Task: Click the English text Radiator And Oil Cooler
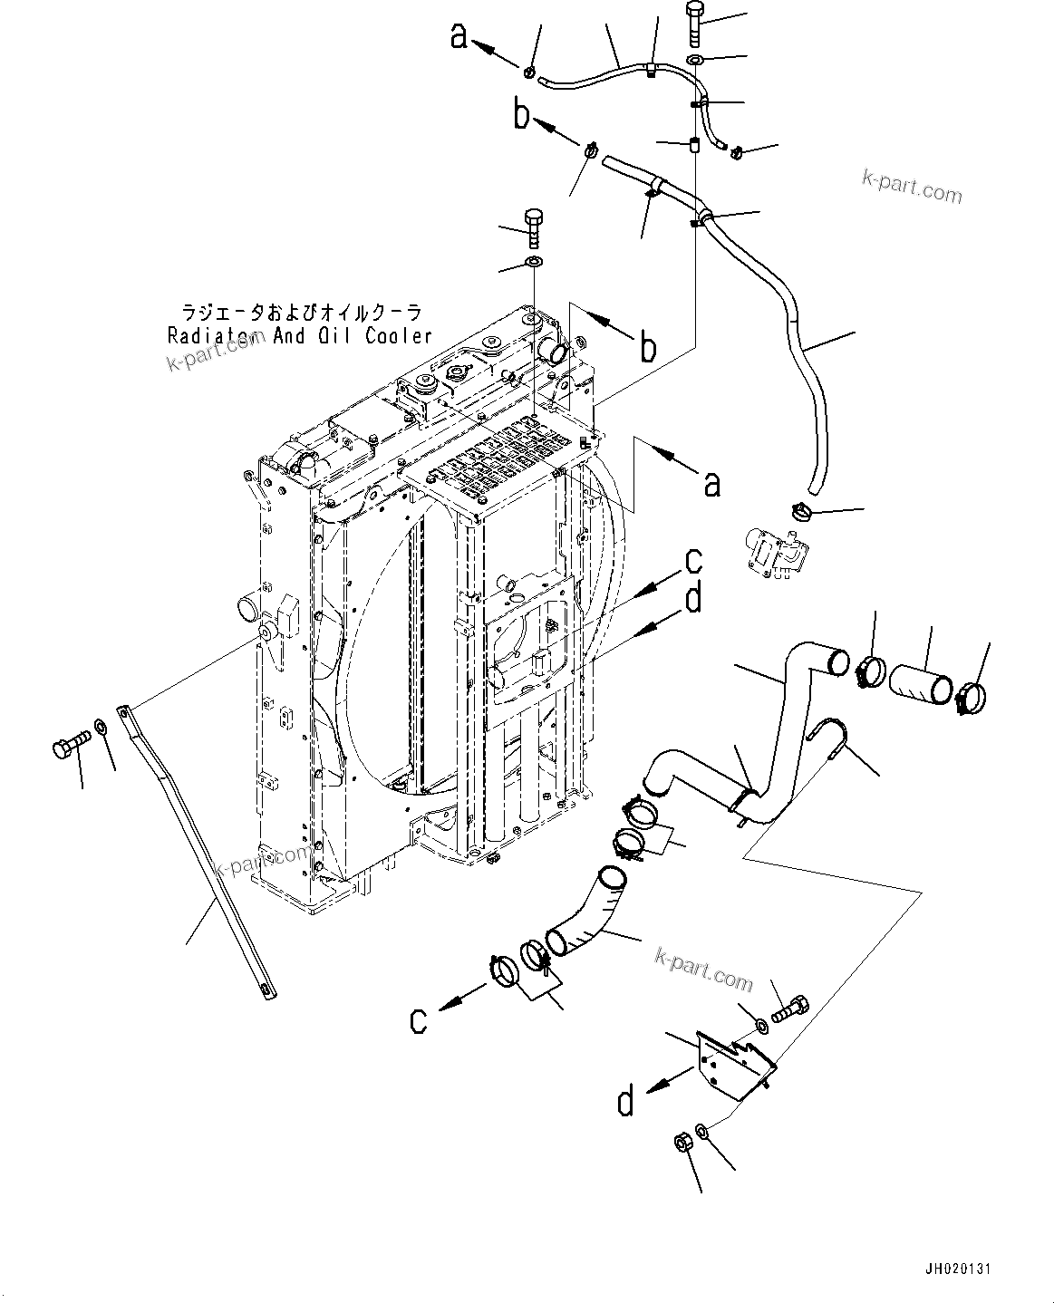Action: (300, 336)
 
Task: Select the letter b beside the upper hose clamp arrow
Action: (521, 117)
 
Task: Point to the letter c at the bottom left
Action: (418, 1019)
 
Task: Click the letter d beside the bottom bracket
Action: (627, 1102)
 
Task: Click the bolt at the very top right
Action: (694, 24)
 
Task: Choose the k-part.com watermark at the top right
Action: (912, 187)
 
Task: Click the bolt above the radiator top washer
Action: (534, 227)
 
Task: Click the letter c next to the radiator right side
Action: (693, 562)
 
